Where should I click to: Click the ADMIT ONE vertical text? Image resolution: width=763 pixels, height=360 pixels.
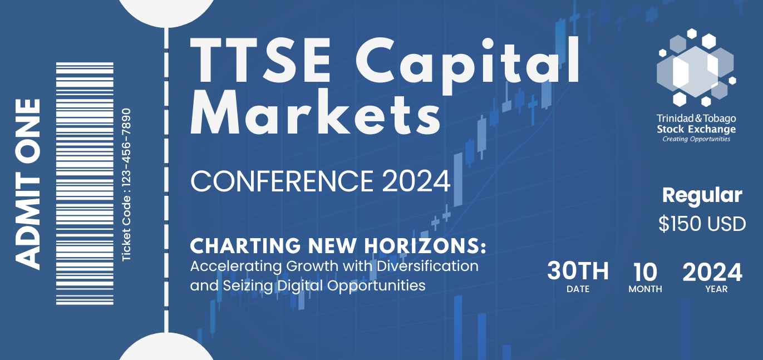28,184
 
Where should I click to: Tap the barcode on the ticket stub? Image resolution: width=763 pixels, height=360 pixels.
85,183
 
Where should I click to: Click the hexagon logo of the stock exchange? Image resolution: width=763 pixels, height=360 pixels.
696,67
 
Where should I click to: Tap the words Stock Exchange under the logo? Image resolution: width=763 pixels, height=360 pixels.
696,129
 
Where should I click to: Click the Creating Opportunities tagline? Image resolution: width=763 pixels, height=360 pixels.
696,139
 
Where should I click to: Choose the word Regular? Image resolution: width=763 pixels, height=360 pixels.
702,195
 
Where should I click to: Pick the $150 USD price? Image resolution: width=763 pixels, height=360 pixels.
702,224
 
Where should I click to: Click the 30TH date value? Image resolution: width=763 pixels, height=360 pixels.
578,272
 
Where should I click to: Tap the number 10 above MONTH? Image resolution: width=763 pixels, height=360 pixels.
645,272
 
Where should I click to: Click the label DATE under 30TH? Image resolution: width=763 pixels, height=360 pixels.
578,289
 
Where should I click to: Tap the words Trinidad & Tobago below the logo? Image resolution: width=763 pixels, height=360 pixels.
696,119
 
